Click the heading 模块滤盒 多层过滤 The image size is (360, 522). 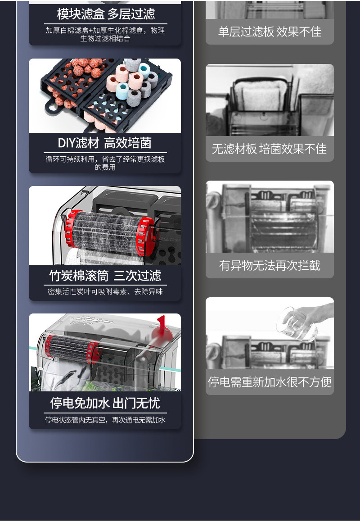point(106,14)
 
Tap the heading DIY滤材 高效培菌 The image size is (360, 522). point(104,143)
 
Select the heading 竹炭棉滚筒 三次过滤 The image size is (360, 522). point(105,276)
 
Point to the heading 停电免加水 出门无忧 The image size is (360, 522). point(105,403)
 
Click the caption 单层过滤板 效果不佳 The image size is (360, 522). point(270,32)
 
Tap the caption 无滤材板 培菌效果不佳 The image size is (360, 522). point(270,149)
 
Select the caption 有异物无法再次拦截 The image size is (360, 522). point(270,265)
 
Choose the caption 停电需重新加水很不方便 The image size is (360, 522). point(270,382)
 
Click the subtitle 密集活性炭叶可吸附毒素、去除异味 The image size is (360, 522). point(105,292)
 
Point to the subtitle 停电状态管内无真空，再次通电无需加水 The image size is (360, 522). point(105,420)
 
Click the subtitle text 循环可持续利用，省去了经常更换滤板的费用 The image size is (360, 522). point(105,163)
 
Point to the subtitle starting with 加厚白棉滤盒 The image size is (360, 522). point(105,34)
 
